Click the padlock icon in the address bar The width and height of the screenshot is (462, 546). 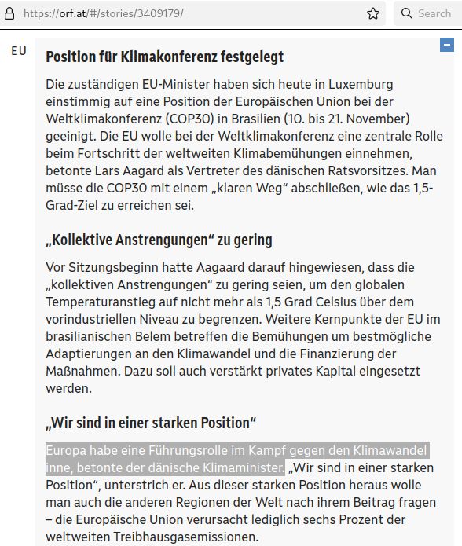click(x=9, y=13)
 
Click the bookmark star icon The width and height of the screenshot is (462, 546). click(x=373, y=13)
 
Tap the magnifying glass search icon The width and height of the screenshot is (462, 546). click(x=407, y=13)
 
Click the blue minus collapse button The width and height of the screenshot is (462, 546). click(x=446, y=46)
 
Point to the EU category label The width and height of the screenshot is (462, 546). click(x=18, y=51)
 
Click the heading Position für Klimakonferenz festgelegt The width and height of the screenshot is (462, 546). click(x=164, y=57)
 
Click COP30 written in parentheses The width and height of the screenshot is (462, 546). click(x=207, y=119)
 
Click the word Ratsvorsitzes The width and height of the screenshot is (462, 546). click(x=378, y=170)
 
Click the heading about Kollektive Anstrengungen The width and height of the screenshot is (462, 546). click(x=159, y=240)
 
